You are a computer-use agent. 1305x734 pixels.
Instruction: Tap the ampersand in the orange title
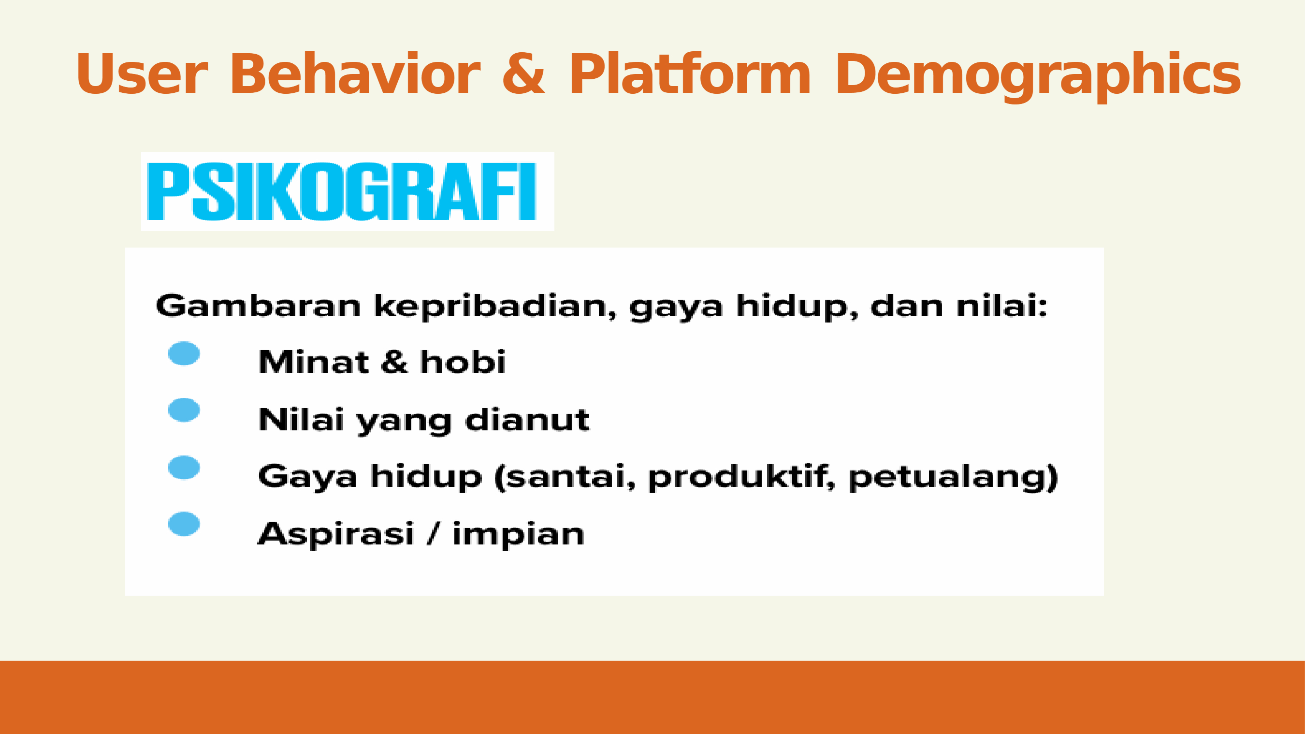click(x=524, y=73)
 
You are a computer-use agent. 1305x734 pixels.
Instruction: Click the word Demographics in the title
click(x=1038, y=77)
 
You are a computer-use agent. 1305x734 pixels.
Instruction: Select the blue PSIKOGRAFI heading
click(x=341, y=191)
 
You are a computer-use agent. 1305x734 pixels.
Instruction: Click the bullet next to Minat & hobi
click(x=184, y=353)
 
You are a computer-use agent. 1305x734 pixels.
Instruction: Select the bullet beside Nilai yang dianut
click(x=184, y=410)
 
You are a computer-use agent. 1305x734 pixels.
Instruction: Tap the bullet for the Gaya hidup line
click(x=184, y=468)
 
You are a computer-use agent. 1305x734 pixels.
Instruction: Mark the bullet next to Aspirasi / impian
click(x=184, y=524)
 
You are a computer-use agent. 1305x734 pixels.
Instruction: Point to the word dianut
click(x=527, y=420)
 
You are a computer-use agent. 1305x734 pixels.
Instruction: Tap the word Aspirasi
click(x=336, y=534)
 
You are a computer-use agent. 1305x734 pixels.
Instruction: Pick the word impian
click(x=518, y=535)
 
